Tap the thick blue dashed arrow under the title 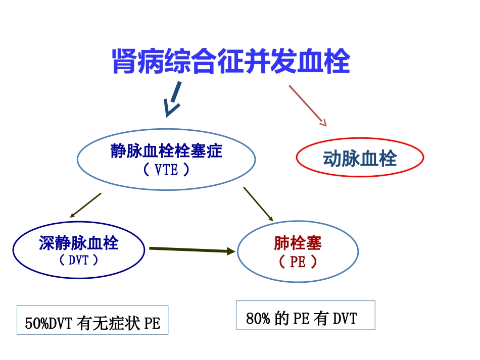click(173, 101)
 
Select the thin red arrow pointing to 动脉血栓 click(307, 105)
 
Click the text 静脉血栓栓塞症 click(166, 151)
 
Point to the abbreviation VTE click(166, 170)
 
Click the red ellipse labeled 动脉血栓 click(359, 158)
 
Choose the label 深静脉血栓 click(78, 243)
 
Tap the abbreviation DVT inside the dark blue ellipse click(78, 261)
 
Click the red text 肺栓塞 click(298, 243)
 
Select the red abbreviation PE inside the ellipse click(298, 262)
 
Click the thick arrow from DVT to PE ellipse click(192, 250)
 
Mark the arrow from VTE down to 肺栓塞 click(258, 204)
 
